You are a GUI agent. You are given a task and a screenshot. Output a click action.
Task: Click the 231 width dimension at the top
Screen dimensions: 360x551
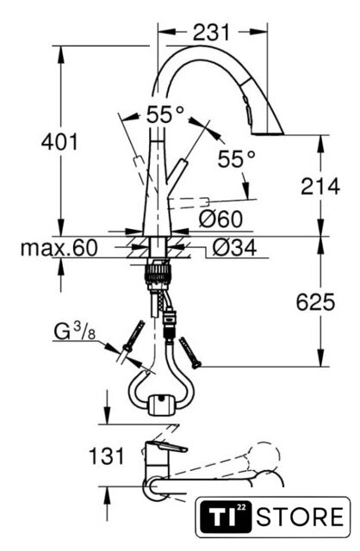point(211,33)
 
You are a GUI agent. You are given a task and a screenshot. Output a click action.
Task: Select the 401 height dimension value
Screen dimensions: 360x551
point(59,142)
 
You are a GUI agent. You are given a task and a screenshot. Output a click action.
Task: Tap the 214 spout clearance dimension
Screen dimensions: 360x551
point(320,186)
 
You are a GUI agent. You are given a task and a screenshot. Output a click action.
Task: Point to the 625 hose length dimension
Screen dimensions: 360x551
point(315,302)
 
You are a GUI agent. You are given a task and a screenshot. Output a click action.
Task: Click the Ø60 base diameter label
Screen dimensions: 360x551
point(220,219)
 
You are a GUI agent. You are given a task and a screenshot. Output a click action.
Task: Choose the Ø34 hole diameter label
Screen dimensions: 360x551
point(234,247)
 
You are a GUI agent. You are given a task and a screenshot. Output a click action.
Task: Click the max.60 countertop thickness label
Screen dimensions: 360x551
point(59,248)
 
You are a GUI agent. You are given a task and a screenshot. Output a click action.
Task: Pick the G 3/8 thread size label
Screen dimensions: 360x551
point(75,331)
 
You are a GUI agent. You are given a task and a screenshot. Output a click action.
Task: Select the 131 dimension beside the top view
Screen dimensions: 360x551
point(107,456)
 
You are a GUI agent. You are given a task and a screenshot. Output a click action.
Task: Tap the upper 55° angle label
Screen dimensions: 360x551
point(164,115)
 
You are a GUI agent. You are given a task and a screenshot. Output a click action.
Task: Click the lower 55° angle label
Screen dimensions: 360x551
point(236,158)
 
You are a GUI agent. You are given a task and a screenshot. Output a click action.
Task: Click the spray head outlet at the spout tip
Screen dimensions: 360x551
point(268,133)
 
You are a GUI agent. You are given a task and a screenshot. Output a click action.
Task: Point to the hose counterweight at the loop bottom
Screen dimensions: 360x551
point(161,405)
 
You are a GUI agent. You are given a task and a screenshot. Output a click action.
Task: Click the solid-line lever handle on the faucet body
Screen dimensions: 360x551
point(176,171)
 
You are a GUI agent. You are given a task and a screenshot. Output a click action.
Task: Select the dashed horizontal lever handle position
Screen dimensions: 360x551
point(189,203)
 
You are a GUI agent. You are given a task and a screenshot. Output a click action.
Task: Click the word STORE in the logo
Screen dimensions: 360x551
point(300,517)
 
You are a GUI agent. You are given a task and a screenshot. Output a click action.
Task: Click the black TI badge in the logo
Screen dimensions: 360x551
point(226,517)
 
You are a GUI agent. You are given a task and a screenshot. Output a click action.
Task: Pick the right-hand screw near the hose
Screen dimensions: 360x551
point(189,352)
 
